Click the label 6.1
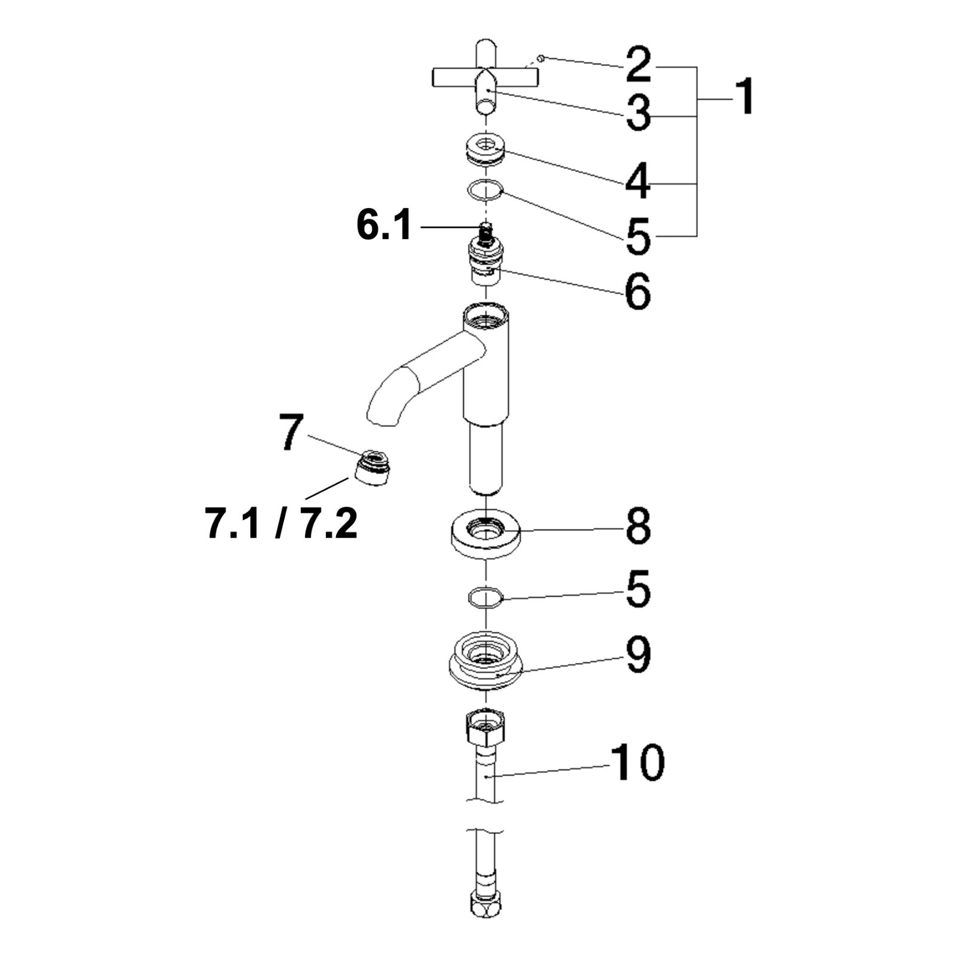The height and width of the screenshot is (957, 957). (384, 225)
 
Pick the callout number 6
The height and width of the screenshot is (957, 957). (638, 292)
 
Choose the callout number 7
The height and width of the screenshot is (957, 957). (292, 432)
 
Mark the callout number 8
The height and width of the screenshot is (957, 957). (638, 526)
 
